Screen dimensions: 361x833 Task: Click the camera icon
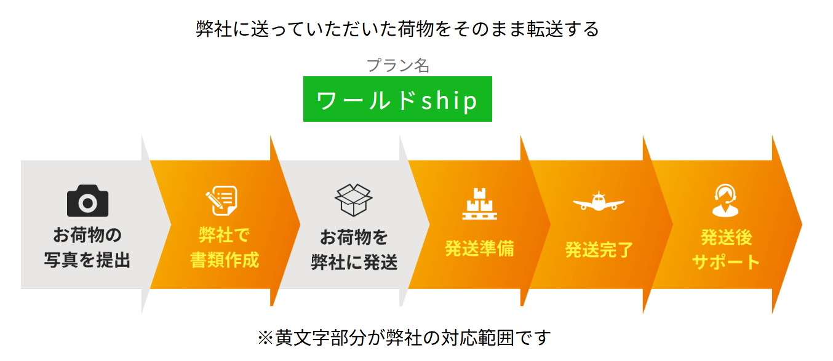tap(87, 201)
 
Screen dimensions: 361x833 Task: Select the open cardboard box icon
tap(354, 200)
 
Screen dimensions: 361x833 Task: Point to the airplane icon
tap(598, 202)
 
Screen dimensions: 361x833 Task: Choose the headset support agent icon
tap(726, 200)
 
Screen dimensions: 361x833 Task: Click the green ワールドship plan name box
tap(397, 100)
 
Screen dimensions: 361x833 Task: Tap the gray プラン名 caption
tap(397, 66)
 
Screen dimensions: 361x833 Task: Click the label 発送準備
tap(479, 249)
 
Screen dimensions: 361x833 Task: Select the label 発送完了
tap(599, 250)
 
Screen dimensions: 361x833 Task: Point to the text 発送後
tap(726, 237)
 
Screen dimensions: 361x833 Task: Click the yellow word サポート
tap(726, 262)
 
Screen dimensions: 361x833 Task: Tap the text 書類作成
tap(225, 260)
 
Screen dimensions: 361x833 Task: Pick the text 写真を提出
tap(87, 260)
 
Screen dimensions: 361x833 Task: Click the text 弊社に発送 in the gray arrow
tap(354, 263)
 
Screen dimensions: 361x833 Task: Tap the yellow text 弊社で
tap(224, 236)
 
